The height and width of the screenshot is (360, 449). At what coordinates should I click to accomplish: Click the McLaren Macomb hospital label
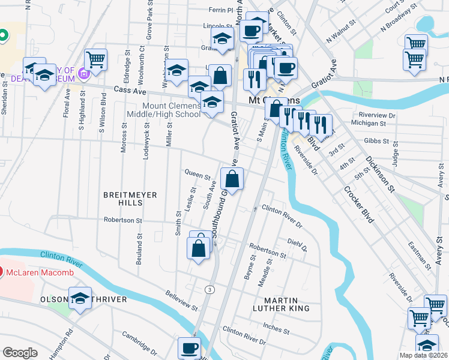(40, 273)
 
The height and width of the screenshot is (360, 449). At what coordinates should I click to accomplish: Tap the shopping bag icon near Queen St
(232, 178)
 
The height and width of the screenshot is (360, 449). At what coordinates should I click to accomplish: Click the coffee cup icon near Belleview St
(190, 347)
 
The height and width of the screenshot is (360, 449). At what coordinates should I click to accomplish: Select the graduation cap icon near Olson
(80, 298)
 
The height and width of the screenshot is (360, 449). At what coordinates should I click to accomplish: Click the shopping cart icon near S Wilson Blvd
(95, 59)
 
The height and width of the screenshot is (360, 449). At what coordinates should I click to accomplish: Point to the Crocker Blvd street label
(359, 205)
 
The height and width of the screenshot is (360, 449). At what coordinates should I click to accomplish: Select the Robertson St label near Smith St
(122, 220)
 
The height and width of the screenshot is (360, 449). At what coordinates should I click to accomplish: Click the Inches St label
(276, 329)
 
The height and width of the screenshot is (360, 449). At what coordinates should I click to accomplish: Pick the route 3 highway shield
(209, 290)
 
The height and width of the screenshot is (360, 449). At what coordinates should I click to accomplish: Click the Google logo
(20, 353)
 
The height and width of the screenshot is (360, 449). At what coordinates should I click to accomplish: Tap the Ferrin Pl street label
(220, 10)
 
